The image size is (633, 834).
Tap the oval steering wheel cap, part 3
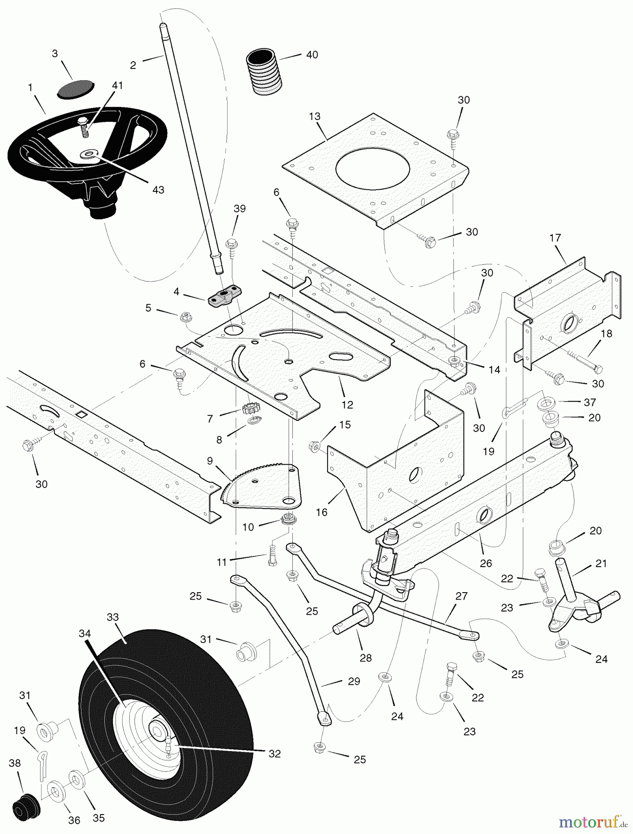(x=75, y=88)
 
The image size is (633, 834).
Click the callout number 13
(x=315, y=116)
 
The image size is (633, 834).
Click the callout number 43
(x=158, y=190)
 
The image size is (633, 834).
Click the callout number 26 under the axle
(x=486, y=563)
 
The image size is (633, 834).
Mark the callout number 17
(x=555, y=238)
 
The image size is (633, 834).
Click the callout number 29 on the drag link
(x=354, y=682)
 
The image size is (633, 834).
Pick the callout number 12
(x=347, y=404)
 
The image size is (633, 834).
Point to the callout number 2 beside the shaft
(x=133, y=65)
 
